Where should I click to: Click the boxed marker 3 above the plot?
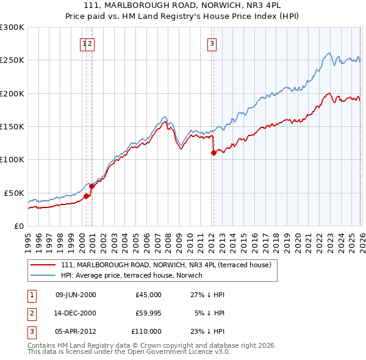pos(212,43)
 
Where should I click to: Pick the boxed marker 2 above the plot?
pos(90,43)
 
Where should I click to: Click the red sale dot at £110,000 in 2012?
pos(213,153)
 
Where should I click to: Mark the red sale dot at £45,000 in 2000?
pos(86,196)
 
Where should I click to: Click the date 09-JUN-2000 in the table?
pos(76,295)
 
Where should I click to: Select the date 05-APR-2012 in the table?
pos(76,331)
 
